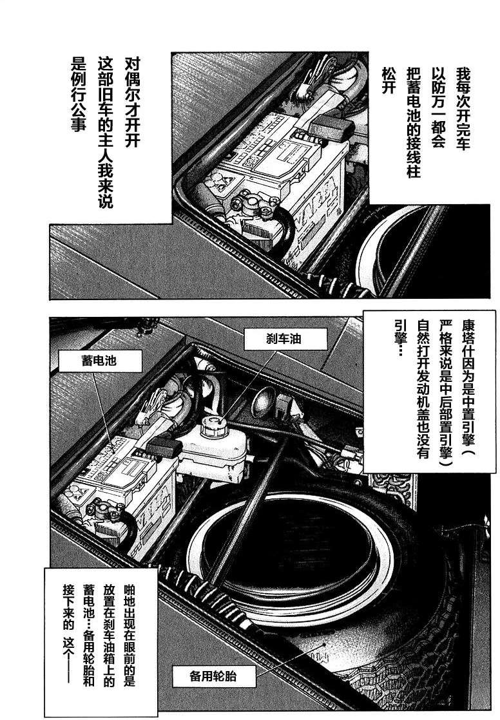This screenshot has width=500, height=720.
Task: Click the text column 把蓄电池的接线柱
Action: pos(412,126)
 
